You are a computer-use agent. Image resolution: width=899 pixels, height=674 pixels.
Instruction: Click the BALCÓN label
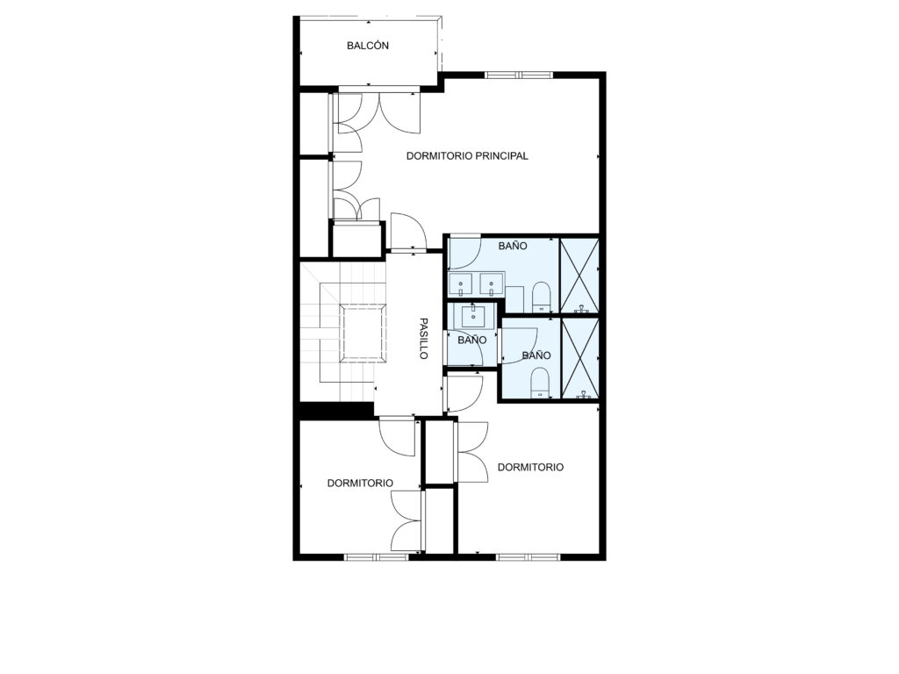click(368, 46)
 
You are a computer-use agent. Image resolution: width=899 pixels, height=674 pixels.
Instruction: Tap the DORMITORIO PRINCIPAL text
click(467, 156)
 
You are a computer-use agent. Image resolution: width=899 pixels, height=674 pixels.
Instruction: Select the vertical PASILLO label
click(424, 339)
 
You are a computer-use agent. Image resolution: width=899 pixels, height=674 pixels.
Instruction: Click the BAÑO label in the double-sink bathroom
click(513, 246)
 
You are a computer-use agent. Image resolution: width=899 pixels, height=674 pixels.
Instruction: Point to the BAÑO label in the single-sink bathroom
click(471, 340)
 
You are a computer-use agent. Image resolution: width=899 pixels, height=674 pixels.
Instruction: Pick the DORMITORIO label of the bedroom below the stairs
click(360, 484)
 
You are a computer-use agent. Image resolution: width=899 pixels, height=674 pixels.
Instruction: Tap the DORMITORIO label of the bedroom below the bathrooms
click(530, 467)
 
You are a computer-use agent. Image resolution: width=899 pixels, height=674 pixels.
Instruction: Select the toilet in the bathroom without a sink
click(540, 383)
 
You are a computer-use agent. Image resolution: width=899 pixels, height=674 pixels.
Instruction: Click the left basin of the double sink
click(460, 283)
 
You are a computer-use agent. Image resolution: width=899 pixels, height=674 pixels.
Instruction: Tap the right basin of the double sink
click(492, 283)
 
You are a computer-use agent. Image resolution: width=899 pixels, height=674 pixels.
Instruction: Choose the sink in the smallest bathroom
click(473, 315)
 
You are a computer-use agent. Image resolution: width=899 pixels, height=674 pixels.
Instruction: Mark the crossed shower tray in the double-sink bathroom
click(579, 276)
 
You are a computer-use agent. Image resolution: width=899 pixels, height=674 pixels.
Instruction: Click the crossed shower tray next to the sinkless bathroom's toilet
click(579, 358)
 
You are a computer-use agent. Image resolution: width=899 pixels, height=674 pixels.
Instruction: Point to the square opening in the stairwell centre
click(364, 333)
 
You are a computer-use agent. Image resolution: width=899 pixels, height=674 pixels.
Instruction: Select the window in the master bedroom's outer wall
click(518, 75)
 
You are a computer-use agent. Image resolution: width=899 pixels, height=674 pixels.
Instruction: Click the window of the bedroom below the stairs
click(376, 556)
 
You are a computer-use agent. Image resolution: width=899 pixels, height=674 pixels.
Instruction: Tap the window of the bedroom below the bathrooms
click(528, 556)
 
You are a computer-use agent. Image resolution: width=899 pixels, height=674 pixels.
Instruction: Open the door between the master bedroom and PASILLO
click(407, 232)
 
